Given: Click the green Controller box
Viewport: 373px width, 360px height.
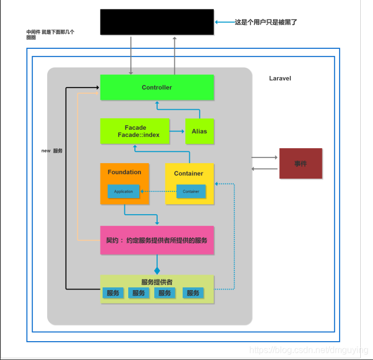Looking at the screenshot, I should [x=157, y=87].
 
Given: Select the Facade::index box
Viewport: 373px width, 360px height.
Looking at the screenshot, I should [x=135, y=131].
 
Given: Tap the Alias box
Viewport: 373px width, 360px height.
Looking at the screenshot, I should [x=199, y=131].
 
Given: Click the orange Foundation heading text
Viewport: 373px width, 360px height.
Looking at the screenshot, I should [x=124, y=172].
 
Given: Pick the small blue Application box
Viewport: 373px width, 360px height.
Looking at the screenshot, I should [x=123, y=191].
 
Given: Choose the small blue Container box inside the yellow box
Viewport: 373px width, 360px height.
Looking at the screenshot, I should [x=191, y=191].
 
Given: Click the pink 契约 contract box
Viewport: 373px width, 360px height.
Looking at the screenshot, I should [x=157, y=240].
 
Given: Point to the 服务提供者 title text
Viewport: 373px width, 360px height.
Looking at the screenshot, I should [x=157, y=282].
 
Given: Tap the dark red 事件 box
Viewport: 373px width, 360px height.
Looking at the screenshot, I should [x=300, y=164].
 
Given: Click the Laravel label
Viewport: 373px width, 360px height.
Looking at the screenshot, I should [x=280, y=78].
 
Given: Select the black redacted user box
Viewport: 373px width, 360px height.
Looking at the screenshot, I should [x=157, y=22].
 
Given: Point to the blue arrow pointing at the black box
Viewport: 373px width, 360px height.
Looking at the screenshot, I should [x=224, y=22].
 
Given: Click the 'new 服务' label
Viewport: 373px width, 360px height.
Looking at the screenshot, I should [x=52, y=151].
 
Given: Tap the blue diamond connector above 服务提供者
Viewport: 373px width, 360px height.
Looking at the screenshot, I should [x=157, y=271].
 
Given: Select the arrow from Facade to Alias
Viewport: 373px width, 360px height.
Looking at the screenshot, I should [x=177, y=131].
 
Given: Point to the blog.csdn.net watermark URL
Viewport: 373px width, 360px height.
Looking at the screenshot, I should [x=309, y=350].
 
